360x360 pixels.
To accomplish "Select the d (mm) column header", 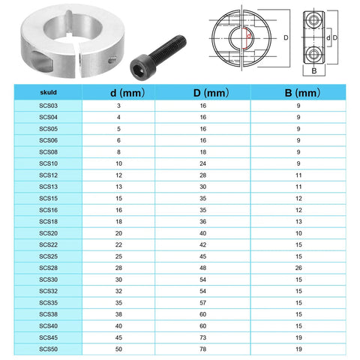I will [117, 94].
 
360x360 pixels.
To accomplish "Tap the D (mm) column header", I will [202, 94].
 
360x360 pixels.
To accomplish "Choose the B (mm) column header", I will [298, 94].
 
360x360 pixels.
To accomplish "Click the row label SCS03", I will [47, 107].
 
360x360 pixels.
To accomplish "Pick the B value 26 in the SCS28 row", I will [298, 268].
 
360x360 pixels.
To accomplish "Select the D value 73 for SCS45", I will [202, 337].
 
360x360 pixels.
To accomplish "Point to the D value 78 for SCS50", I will [202, 349].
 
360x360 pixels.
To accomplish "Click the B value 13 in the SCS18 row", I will [298, 222].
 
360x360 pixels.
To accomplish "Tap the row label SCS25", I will [47, 256].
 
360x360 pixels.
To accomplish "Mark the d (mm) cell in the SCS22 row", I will [118, 244].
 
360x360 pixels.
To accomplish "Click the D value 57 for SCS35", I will [202, 302].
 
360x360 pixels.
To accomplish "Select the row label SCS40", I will [47, 325].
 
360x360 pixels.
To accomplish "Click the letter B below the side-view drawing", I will [314, 73].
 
